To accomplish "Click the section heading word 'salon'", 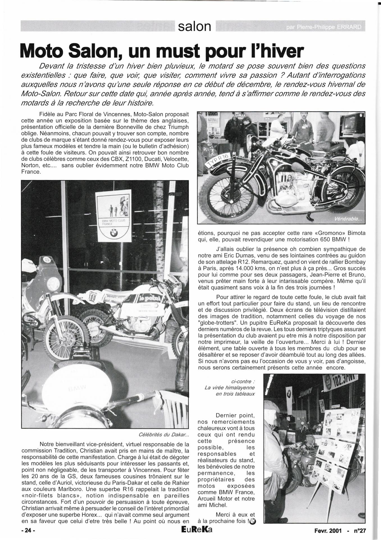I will pos(194,27).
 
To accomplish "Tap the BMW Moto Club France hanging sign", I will pos(113,215).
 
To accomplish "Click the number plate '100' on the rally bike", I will pos(92,296).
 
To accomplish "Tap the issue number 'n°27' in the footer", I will pos(360,531).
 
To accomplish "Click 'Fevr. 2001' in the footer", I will pos(328,531).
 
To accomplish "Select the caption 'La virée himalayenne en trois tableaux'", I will pos(230,388).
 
